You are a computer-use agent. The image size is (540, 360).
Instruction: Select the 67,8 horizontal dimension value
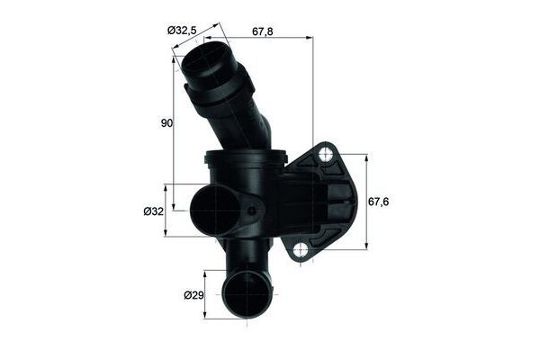[264, 31]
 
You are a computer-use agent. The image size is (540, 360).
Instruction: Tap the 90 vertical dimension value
[166, 124]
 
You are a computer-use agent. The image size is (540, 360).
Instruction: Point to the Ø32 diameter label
[153, 211]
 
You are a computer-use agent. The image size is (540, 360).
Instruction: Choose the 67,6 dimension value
[379, 202]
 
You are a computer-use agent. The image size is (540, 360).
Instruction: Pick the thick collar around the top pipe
[220, 85]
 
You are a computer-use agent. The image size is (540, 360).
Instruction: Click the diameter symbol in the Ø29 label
[187, 294]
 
